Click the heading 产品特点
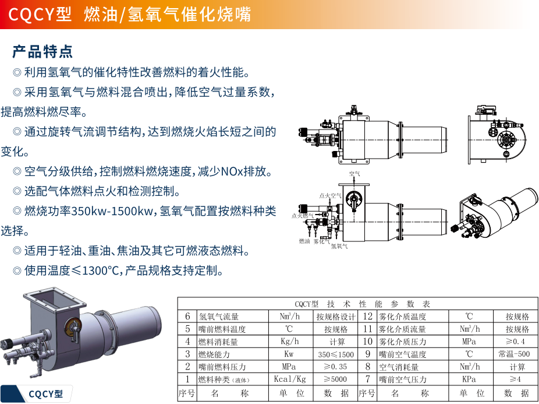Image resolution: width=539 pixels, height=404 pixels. pyautogui.click(x=42, y=51)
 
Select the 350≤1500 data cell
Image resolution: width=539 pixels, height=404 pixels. pyautogui.click(x=336, y=354)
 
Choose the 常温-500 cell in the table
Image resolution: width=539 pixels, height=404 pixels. pyautogui.click(x=514, y=354)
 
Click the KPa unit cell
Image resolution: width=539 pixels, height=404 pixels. pyautogui.click(x=469, y=380)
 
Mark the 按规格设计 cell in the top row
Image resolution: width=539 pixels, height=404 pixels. pyautogui.click(x=336, y=317)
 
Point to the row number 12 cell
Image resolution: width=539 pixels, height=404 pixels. pyautogui.click(x=367, y=317)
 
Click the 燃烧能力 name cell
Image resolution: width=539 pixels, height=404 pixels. pyautogui.click(x=215, y=354)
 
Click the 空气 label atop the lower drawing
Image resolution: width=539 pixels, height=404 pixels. pyautogui.click(x=354, y=174)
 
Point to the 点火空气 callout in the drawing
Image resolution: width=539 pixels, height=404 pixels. pyautogui.click(x=330, y=196)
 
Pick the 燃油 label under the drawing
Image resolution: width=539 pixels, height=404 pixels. pyautogui.click(x=304, y=240)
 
